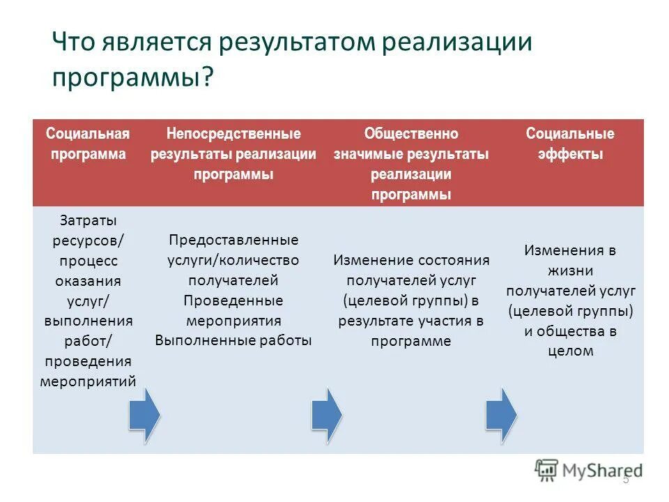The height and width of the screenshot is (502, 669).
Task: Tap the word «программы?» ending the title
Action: (x=132, y=76)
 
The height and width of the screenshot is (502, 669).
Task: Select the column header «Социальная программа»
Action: (x=88, y=144)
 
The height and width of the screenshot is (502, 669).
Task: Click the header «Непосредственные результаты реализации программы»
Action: (x=233, y=153)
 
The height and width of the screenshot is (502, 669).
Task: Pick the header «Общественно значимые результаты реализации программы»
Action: (x=411, y=164)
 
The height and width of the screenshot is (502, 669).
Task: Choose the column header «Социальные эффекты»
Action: (x=570, y=144)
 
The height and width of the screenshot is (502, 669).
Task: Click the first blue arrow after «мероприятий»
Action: (x=144, y=416)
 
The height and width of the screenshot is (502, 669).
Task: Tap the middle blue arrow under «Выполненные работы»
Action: (x=325, y=416)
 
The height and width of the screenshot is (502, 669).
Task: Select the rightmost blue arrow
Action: (x=500, y=416)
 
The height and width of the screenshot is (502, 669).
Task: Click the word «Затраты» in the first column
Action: (x=88, y=220)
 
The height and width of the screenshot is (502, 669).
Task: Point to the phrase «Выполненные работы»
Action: (x=233, y=341)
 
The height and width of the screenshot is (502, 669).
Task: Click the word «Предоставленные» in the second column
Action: (x=233, y=240)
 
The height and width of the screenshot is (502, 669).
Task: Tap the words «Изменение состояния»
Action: (x=411, y=260)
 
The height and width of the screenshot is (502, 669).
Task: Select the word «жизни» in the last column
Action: (x=570, y=271)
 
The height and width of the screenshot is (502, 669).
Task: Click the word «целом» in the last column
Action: (x=570, y=351)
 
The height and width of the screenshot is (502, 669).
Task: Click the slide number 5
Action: (x=625, y=479)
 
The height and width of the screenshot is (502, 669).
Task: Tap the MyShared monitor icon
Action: (x=547, y=470)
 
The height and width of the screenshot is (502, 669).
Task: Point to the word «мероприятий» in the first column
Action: (x=88, y=381)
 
